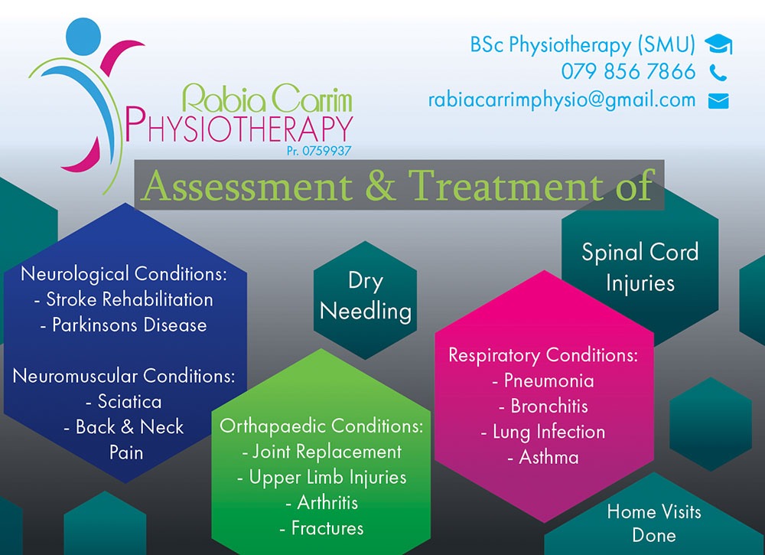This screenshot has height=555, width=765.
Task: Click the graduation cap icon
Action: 718,44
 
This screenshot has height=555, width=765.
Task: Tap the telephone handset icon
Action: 718,73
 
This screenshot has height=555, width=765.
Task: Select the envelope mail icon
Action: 718,101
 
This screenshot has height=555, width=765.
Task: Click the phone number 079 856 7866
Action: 628,72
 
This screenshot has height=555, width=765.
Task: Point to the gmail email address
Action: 562,100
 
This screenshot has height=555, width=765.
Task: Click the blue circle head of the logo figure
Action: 83,36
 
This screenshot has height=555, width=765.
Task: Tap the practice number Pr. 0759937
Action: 319,151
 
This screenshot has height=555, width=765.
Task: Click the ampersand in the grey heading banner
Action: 380,185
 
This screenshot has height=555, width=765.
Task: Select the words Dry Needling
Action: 366,297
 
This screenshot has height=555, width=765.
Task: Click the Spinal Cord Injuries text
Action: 640,268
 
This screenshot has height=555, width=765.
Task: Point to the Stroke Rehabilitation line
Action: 124,299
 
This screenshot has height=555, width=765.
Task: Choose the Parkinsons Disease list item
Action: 124,325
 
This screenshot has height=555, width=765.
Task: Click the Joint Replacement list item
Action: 322,452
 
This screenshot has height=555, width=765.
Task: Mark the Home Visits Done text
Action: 654,524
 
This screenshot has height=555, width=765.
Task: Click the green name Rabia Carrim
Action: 267,98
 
